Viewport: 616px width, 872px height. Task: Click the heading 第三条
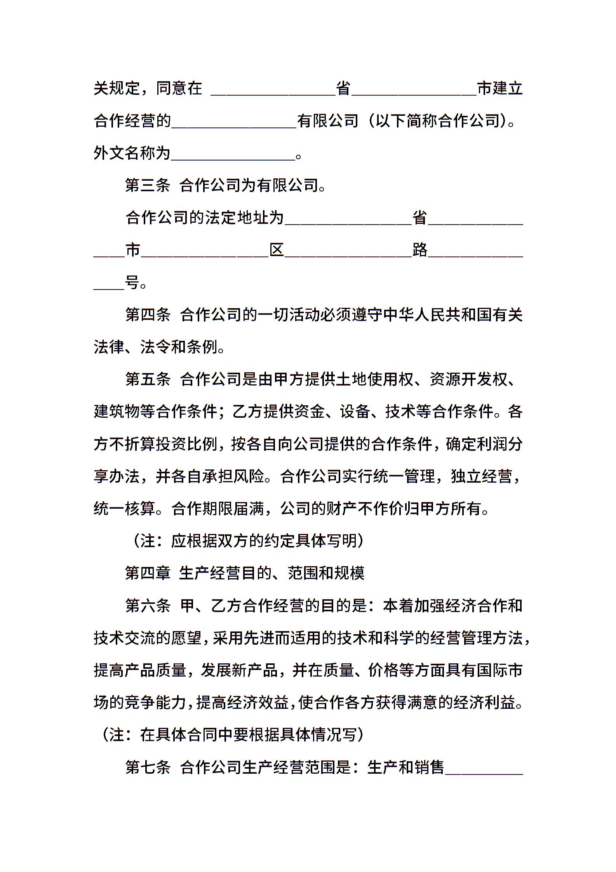point(148,186)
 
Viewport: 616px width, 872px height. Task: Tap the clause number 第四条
point(148,315)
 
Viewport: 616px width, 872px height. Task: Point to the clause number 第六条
point(148,605)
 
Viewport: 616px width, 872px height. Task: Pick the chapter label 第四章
point(148,573)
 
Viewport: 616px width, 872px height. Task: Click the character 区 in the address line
point(277,250)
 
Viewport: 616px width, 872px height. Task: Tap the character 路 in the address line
point(420,250)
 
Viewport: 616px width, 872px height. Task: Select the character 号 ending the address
point(132,283)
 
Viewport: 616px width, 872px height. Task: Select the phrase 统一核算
point(124,508)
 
